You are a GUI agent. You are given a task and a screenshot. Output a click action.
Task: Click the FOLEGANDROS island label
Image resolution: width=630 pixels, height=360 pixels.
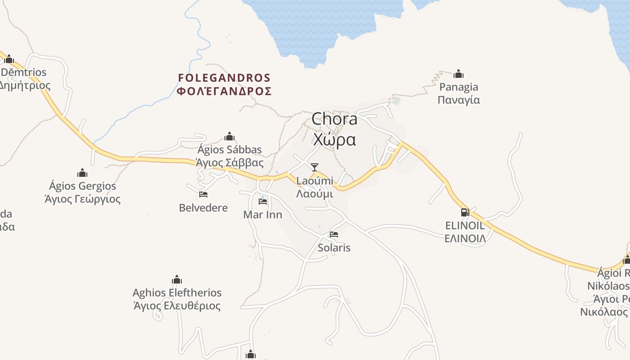pos(225,78)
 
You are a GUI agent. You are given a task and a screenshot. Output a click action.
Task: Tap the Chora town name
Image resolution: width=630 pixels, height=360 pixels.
pos(334,119)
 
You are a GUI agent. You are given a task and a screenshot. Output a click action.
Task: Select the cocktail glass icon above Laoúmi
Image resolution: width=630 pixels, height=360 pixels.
pos(315,167)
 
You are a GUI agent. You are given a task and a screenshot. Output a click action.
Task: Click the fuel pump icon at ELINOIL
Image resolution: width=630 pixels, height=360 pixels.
pos(465,212)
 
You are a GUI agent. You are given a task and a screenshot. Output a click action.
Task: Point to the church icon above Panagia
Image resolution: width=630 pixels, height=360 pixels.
pos(459,74)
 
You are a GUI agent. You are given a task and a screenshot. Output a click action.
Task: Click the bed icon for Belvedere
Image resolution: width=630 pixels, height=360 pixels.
pos(203,194)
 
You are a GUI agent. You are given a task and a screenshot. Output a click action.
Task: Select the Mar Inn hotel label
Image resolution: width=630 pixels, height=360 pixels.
pos(263,215)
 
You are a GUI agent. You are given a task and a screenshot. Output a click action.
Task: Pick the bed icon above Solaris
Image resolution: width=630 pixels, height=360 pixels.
pos(334,234)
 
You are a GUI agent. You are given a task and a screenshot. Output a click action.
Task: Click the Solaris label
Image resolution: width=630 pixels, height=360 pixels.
pos(334,247)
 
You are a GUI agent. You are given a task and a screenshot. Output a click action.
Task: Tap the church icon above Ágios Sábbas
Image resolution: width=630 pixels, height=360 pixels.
pos(229,136)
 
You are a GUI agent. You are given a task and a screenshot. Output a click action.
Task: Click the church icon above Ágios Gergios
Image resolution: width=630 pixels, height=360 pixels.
pos(82,173)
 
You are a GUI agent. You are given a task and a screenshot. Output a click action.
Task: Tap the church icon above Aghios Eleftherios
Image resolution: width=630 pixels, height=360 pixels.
pos(177,279)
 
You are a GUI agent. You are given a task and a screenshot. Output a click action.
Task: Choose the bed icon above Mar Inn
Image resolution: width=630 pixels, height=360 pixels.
pos(263,201)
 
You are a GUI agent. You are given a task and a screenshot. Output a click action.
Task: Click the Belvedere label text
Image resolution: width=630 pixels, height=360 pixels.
pos(203,208)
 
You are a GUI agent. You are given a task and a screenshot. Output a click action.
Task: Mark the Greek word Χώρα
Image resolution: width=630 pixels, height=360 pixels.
pos(334,139)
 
